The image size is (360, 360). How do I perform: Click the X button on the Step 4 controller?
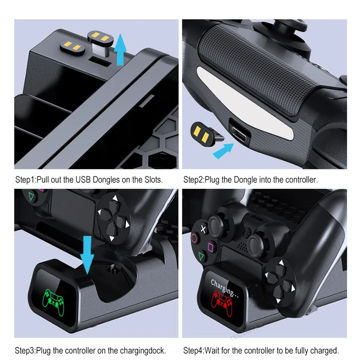[x=203, y=229]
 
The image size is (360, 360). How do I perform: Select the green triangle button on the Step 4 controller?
[x=201, y=256]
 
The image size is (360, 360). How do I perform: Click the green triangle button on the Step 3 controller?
[x=31, y=196]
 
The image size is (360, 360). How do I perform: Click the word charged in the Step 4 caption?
[x=324, y=350]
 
